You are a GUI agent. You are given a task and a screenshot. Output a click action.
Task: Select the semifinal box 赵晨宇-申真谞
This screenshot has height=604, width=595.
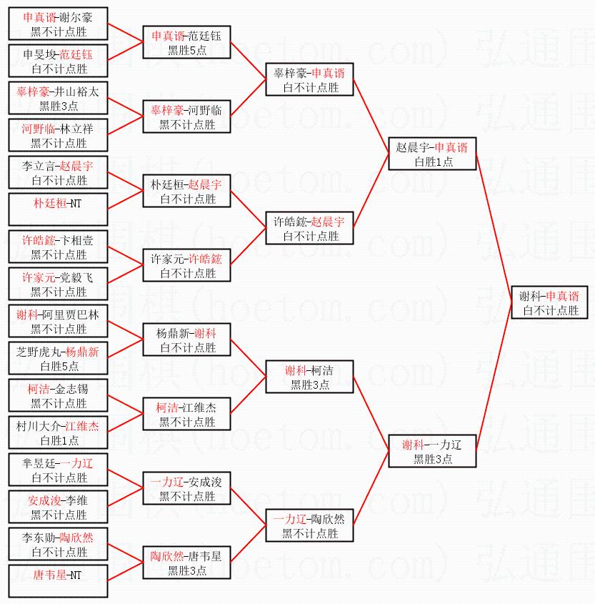[x=432, y=154]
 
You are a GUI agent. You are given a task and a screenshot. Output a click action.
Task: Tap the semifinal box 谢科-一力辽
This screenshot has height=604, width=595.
[x=432, y=451]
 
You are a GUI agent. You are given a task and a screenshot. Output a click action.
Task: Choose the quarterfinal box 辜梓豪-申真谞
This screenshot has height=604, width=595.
[x=309, y=79]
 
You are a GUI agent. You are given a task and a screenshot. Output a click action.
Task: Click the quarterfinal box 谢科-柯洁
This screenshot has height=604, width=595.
[x=309, y=377]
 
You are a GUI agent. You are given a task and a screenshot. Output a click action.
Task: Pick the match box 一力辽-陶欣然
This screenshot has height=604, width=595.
[x=309, y=525]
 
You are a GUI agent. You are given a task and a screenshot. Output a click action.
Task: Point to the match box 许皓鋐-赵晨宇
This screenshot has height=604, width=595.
[x=309, y=228]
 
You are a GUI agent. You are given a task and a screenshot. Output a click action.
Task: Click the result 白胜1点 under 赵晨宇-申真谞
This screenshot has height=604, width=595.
[x=432, y=162]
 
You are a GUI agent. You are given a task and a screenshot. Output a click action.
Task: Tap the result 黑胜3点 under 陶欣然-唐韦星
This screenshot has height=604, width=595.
[x=186, y=570]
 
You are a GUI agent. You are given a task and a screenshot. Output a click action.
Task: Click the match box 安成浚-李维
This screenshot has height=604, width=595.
[x=59, y=507]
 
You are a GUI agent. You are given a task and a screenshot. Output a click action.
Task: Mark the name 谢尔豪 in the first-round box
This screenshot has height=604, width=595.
[x=76, y=17]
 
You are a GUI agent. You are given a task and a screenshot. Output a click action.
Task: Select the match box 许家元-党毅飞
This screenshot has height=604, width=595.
[x=59, y=284]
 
